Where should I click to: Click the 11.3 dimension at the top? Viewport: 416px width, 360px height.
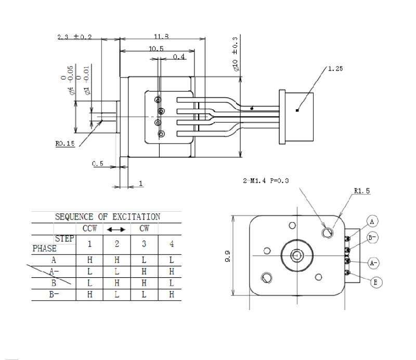[161, 36]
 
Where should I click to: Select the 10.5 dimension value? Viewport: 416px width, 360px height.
[156, 48]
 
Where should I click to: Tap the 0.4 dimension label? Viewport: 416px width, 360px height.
[179, 57]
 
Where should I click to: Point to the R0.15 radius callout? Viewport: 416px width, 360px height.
[65, 144]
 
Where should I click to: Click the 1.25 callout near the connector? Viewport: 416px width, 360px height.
[335, 69]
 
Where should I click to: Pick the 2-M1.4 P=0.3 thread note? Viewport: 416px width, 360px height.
[266, 181]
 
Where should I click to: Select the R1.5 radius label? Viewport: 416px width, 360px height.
[362, 190]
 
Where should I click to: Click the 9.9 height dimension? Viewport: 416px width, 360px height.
[227, 256]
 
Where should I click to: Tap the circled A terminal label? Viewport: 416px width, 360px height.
[372, 222]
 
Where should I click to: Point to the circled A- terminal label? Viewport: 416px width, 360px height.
[373, 263]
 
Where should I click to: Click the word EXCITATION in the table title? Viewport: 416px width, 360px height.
[136, 217]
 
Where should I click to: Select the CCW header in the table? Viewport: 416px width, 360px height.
[89, 228]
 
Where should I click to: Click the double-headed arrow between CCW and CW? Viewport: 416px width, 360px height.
[116, 229]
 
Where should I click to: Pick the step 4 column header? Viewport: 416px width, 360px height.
[172, 243]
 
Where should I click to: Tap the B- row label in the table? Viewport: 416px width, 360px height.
[54, 294]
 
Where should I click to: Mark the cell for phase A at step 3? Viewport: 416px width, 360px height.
[144, 260]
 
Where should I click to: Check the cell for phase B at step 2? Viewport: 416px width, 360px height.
[116, 283]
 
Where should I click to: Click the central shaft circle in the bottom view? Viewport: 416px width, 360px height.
[297, 255]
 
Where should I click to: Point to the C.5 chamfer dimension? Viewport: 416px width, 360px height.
[98, 163]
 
